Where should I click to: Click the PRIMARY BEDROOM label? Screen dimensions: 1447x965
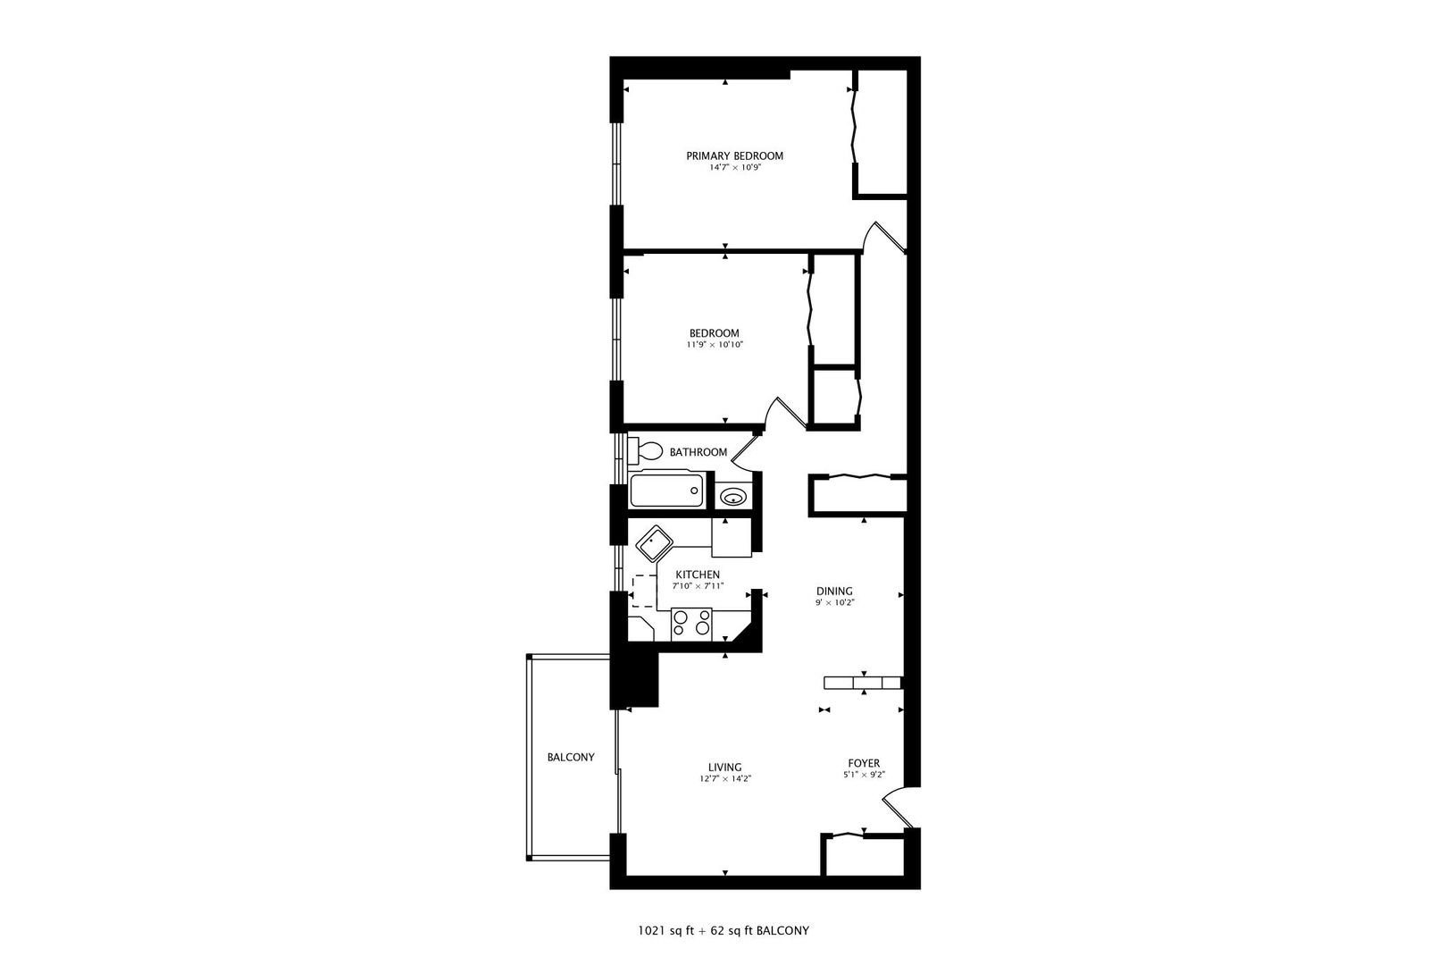pos(734,155)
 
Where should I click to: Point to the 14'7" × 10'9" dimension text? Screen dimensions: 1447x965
pos(735,167)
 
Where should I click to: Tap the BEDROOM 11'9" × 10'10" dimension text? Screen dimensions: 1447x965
pos(715,345)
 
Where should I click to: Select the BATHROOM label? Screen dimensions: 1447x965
pos(698,452)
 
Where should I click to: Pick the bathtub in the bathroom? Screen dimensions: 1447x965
pos(666,491)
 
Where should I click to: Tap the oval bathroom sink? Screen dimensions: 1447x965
pos(733,497)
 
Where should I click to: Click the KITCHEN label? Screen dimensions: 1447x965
pos(698,575)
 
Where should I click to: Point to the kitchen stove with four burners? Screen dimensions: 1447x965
pos(691,625)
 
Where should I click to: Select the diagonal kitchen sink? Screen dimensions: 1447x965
pos(655,543)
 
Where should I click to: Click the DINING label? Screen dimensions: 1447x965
pos(834,591)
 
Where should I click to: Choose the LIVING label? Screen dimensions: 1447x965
pos(724,768)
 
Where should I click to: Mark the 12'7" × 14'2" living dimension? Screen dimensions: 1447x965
pos(725,779)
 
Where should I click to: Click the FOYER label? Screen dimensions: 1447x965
pos(865,763)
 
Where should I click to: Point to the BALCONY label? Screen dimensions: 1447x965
pos(571,757)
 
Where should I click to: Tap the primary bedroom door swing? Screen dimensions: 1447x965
pos(883,235)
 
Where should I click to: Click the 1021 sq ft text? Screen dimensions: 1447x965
pos(666,931)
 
